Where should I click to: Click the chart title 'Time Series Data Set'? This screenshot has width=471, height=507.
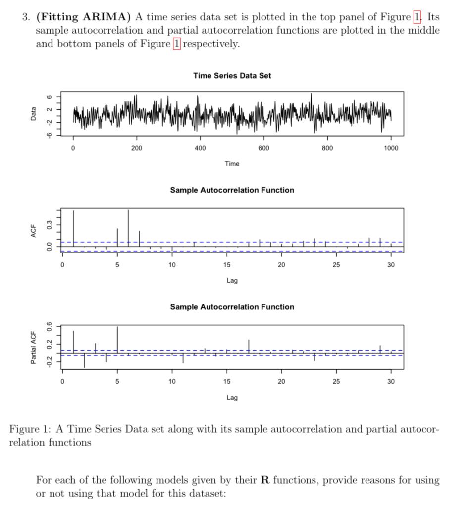pos(232,76)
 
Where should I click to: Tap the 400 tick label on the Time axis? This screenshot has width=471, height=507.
pos(200,148)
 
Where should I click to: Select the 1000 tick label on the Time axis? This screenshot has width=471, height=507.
pos(391,148)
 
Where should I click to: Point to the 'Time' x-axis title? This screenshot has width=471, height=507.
pos(232,164)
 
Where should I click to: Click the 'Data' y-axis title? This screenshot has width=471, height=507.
pos(33,114)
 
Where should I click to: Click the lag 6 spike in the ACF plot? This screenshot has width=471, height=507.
pos(128,228)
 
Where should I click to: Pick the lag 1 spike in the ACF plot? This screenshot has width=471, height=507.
pos(73,228)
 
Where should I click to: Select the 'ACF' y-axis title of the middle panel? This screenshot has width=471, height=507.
pos(33,231)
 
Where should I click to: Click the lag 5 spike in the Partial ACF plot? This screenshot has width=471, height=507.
pos(117,339)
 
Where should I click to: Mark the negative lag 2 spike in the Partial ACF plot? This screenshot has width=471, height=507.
pos(84,360)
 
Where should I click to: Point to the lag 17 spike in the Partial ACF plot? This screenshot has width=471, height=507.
pos(249,346)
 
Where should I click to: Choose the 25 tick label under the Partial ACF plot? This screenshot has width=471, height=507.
pos(336,382)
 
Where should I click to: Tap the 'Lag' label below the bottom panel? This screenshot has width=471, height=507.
pos(232,398)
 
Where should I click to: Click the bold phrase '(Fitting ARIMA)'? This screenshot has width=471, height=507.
pos(83,17)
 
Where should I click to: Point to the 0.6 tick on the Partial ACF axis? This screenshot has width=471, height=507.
pos(49,327)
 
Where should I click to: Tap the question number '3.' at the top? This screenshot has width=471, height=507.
pos(26,17)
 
